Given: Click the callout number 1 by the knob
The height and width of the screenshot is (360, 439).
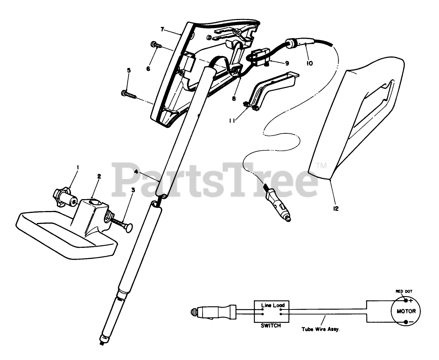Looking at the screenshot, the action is tap(78, 168).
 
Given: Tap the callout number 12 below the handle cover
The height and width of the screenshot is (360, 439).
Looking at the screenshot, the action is tap(336, 209).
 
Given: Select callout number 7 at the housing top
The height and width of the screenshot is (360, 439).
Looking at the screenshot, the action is tap(162, 29).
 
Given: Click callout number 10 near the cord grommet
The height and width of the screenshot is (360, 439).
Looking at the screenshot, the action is tap(310, 63).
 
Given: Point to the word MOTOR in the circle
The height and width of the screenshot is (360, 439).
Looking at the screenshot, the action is tap(406, 311).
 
